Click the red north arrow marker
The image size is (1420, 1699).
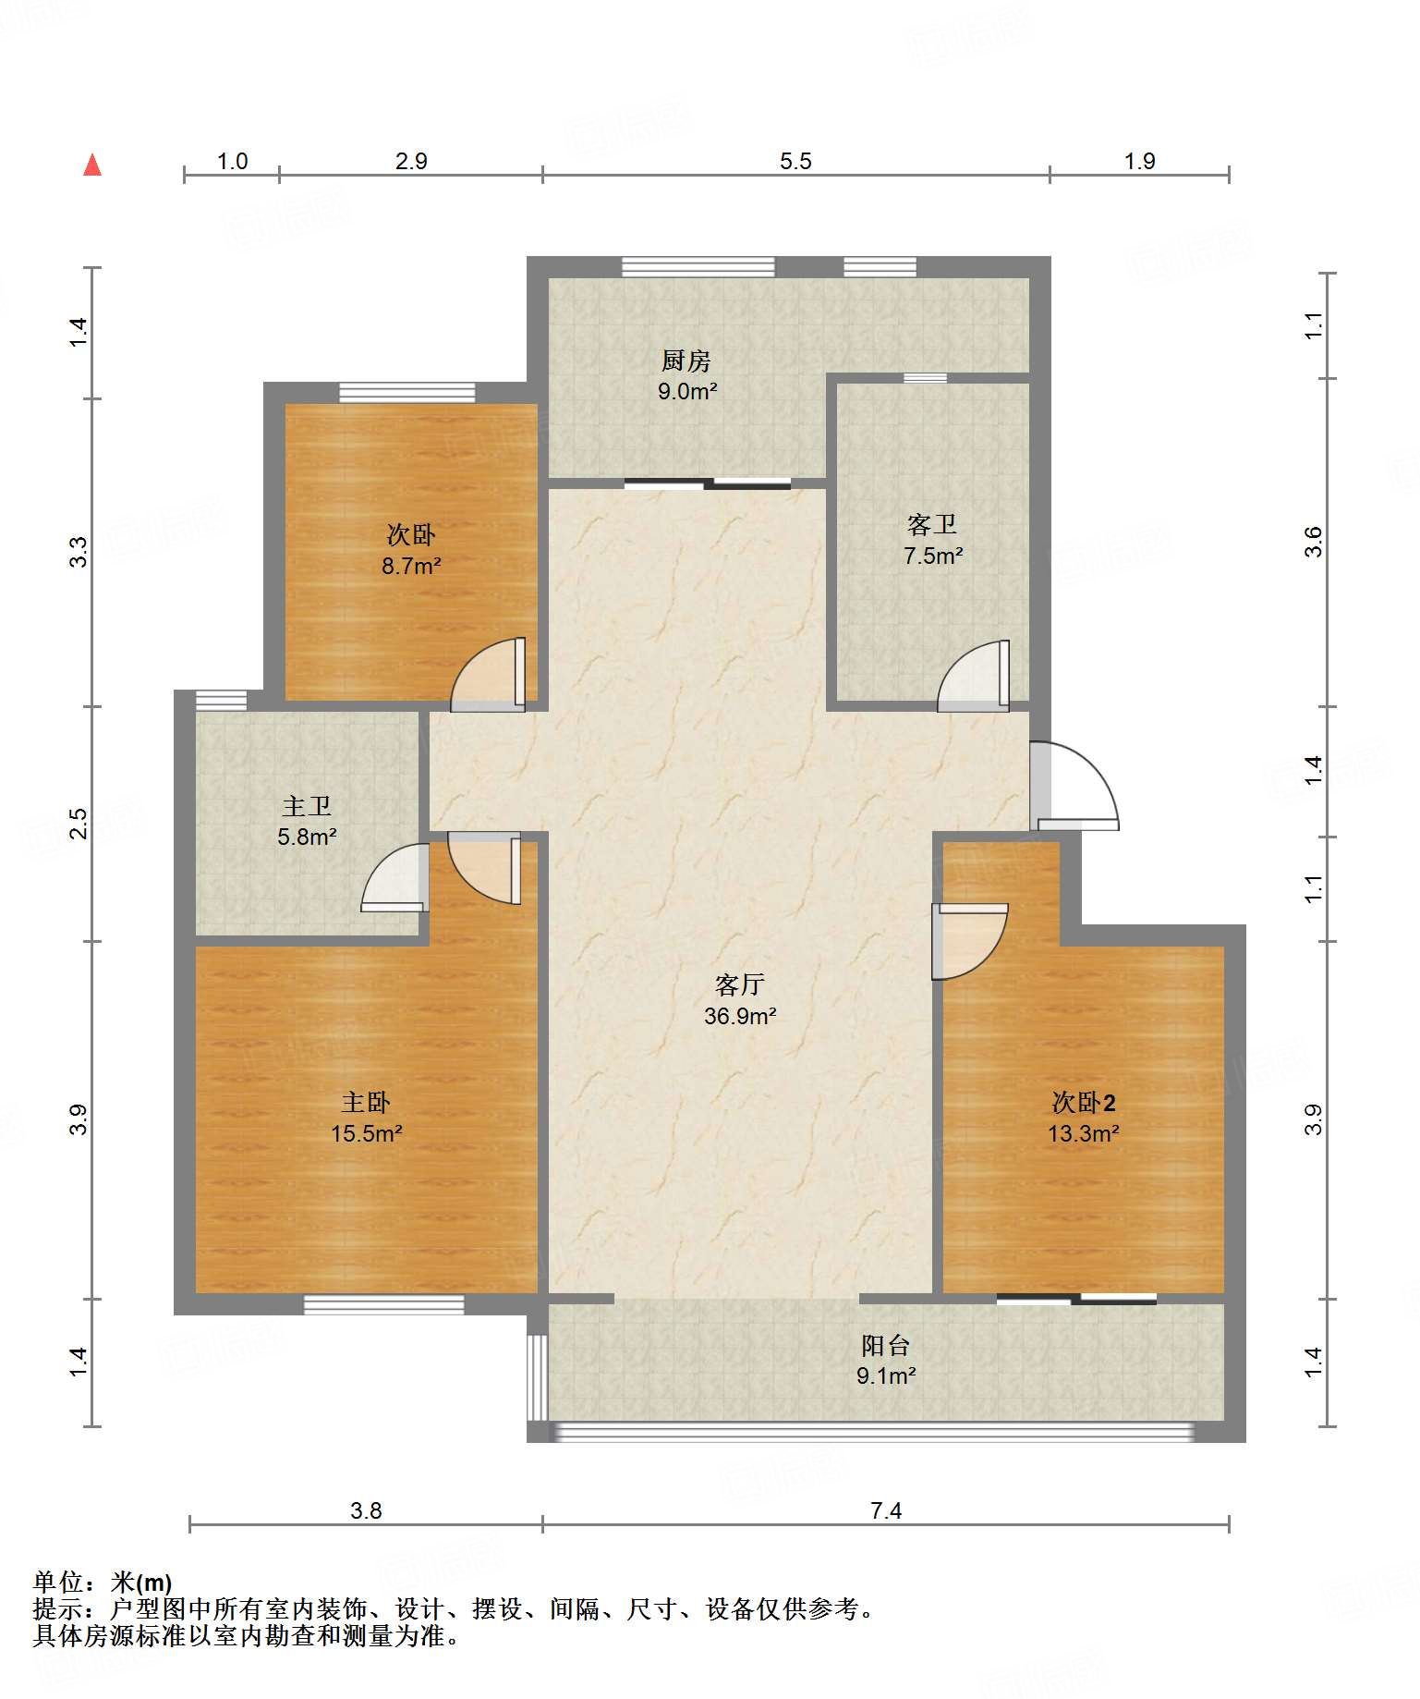pyautogui.click(x=92, y=165)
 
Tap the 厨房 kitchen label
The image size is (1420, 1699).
pyautogui.click(x=686, y=361)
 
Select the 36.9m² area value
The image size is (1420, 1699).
pyautogui.click(x=740, y=1016)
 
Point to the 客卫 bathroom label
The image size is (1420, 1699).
pyautogui.click(x=932, y=525)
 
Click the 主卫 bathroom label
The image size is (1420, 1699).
pyautogui.click(x=307, y=806)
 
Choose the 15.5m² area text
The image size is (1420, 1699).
pyautogui.click(x=367, y=1133)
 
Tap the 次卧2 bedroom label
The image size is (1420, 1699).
pyautogui.click(x=1084, y=1102)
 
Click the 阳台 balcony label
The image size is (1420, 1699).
pyautogui.click(x=886, y=1345)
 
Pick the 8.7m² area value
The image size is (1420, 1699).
pyautogui.click(x=411, y=566)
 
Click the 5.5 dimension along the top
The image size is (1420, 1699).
pyautogui.click(x=795, y=161)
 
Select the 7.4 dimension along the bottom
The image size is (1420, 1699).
pyautogui.click(x=886, y=1510)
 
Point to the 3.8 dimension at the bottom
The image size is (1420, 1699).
pyautogui.click(x=366, y=1510)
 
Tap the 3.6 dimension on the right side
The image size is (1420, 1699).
pyautogui.click(x=1313, y=542)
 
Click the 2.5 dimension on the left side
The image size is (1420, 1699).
pyautogui.click(x=79, y=824)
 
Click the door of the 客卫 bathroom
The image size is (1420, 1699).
pyautogui.click(x=974, y=676)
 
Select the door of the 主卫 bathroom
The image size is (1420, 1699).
pyautogui.click(x=394, y=878)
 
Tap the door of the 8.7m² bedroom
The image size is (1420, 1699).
pyautogui.click(x=488, y=675)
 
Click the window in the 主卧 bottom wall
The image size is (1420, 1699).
pyautogui.click(x=384, y=1304)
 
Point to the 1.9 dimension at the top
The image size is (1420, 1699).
pyautogui.click(x=1140, y=161)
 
